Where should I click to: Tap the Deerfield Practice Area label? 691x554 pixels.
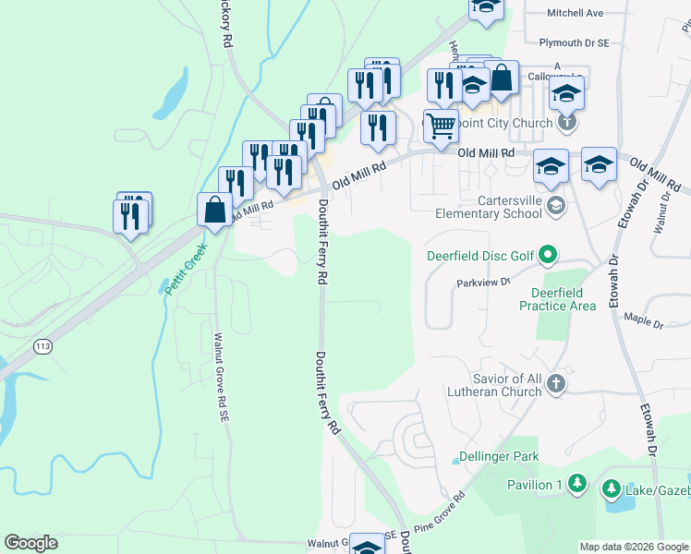pos(557,299)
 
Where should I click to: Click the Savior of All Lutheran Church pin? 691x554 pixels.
pos(555,384)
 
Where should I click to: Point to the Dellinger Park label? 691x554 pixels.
pos(498,457)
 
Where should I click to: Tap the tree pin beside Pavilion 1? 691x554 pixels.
pos(576,484)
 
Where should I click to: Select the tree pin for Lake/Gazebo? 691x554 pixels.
pos(611,487)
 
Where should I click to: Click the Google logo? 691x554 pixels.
pos(30,543)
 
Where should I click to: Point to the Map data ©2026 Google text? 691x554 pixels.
pos(634,547)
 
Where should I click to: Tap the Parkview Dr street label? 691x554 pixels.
pos(483,283)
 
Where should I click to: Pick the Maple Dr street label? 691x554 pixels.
pos(645,323)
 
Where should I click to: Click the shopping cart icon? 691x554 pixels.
pos(442,126)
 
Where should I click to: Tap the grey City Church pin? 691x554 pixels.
pos(567,122)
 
